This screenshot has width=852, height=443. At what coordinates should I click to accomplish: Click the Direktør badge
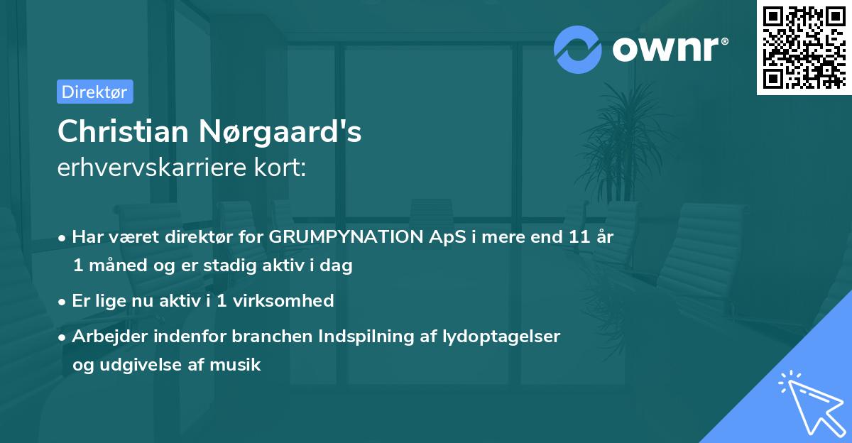point(94,92)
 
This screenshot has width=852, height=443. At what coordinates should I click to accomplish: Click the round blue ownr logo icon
point(579,49)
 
